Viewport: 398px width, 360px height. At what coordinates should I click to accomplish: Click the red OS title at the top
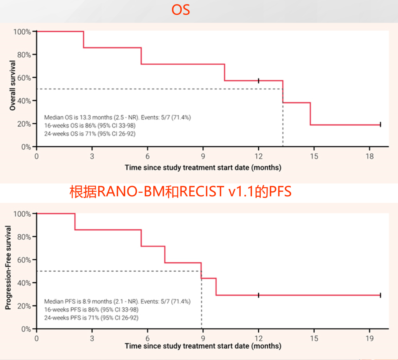(181, 10)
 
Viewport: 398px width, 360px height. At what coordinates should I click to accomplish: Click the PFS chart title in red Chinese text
(181, 192)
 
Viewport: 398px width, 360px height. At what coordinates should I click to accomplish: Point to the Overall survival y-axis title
(13, 85)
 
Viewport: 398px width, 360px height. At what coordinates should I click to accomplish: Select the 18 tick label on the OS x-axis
(370, 156)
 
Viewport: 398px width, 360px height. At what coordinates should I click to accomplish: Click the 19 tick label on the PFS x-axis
(370, 338)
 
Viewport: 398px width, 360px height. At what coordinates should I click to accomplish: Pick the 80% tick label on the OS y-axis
(22, 55)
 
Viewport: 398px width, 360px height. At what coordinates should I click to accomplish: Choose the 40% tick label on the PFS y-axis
(22, 283)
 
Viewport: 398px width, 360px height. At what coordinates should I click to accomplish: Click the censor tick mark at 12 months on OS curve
(259, 81)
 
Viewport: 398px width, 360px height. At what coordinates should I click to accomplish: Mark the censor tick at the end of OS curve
(380, 125)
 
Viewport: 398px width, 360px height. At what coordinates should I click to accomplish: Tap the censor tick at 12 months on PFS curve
(259, 295)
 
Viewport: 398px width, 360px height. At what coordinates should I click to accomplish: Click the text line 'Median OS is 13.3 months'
(117, 118)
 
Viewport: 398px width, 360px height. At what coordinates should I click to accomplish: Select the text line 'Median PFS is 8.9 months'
(117, 301)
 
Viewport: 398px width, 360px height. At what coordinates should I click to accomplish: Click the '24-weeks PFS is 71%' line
(91, 317)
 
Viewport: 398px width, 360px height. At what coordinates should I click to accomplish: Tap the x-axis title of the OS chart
(203, 168)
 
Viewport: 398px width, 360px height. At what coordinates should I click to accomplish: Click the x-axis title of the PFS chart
(203, 346)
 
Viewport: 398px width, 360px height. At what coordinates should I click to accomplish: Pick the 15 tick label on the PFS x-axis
(314, 338)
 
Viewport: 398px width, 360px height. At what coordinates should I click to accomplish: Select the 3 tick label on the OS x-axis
(92, 156)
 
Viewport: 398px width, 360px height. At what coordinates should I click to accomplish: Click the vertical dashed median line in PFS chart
(202, 306)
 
